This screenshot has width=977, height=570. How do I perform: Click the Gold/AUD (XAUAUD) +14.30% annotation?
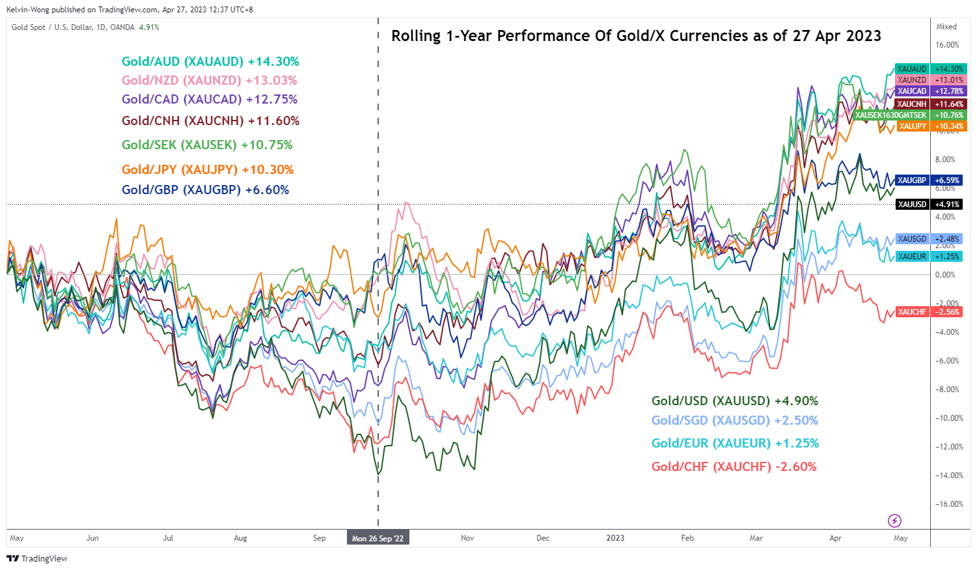pyautogui.click(x=210, y=62)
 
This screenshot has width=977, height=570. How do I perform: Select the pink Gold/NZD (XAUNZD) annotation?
pyautogui.click(x=209, y=81)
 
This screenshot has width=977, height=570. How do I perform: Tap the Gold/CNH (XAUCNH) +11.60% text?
pyautogui.click(x=210, y=121)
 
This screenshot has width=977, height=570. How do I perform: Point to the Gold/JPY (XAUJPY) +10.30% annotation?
pyautogui.click(x=208, y=170)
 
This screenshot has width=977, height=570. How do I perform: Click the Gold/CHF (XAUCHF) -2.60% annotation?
pyautogui.click(x=734, y=467)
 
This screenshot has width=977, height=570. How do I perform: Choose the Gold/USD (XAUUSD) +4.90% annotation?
pyautogui.click(x=735, y=401)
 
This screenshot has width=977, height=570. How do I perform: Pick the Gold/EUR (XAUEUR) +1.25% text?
pyautogui.click(x=735, y=444)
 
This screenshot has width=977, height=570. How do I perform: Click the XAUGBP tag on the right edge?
pyautogui.click(x=911, y=180)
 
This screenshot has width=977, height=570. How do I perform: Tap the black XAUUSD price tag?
pyautogui.click(x=911, y=205)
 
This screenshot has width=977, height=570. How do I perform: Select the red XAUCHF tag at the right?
pyautogui.click(x=911, y=312)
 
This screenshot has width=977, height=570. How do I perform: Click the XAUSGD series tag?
pyautogui.click(x=911, y=239)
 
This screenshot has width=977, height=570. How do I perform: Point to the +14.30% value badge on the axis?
pyautogui.click(x=948, y=69)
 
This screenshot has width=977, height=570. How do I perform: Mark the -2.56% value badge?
pyautogui.click(x=948, y=312)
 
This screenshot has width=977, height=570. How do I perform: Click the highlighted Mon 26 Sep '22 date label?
pyautogui.click(x=378, y=539)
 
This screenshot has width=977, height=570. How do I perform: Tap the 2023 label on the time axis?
pyautogui.click(x=615, y=538)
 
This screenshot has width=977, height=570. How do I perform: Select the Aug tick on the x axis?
pyautogui.click(x=240, y=538)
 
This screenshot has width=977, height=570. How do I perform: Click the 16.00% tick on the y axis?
pyautogui.click(x=947, y=45)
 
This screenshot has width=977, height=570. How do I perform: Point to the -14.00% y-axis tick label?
pyautogui.click(x=949, y=476)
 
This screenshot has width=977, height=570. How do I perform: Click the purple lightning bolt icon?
pyautogui.click(x=894, y=520)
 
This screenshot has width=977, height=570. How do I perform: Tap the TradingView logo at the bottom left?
pyautogui.click(x=37, y=558)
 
